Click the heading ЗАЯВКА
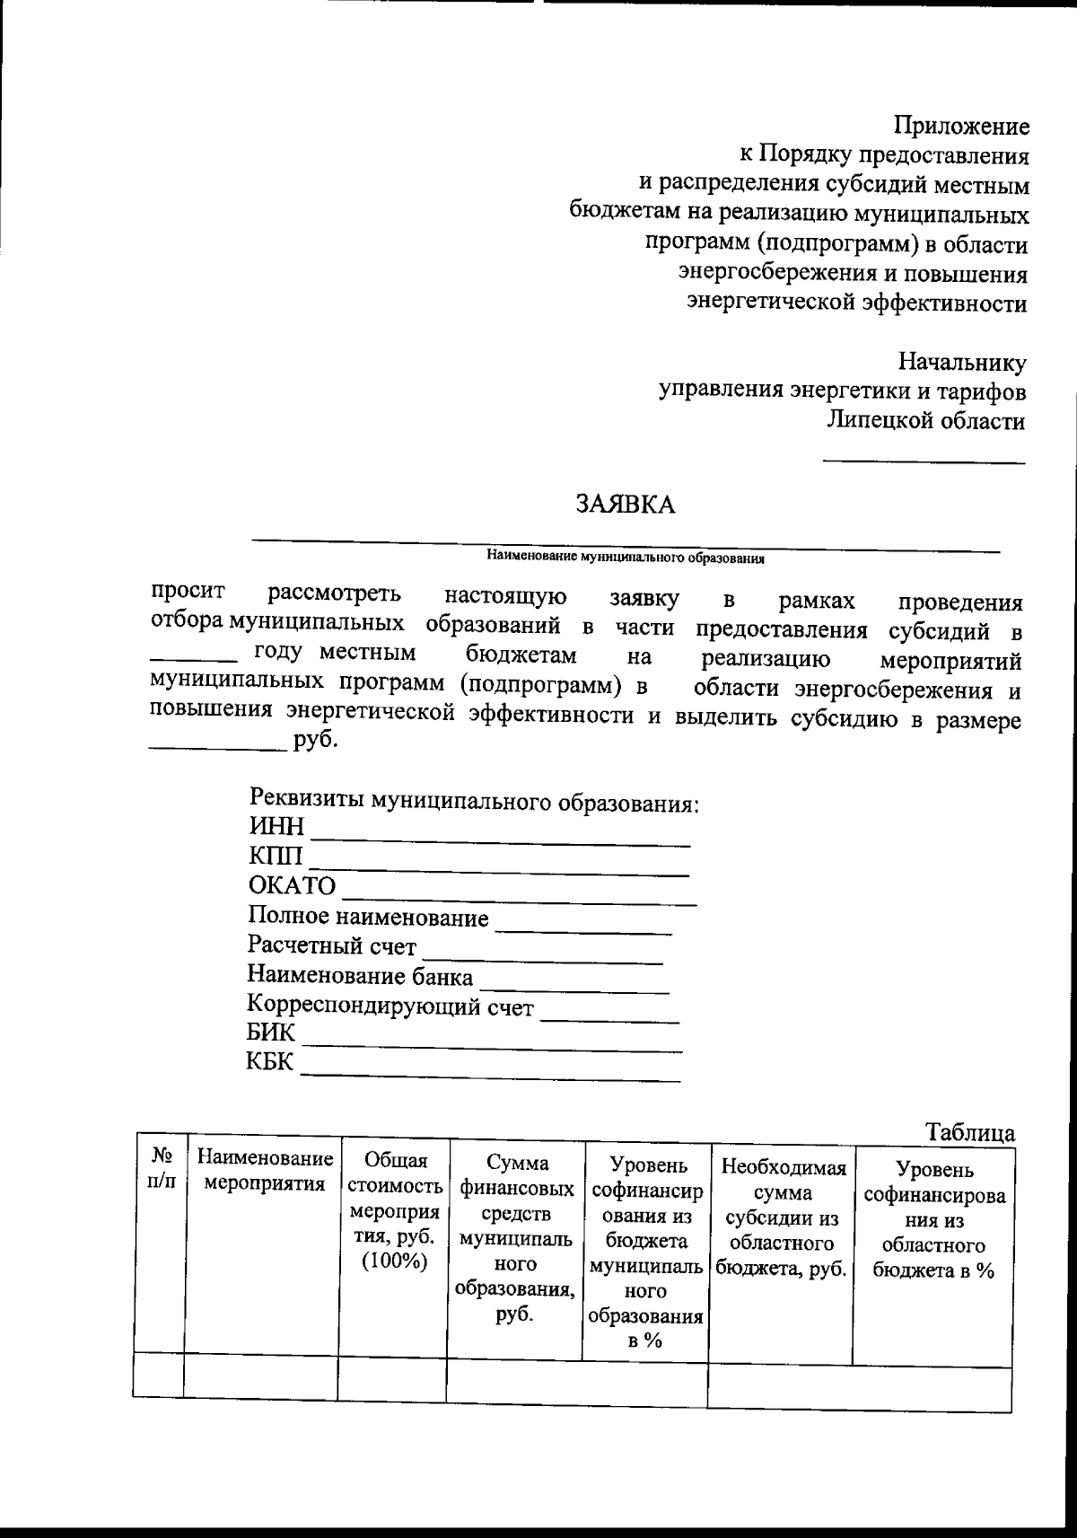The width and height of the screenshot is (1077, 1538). (625, 505)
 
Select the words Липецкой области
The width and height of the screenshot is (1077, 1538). (925, 421)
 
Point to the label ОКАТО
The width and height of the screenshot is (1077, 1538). (292, 886)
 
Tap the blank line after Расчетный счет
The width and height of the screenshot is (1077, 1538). (543, 962)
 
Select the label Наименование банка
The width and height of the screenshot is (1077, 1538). (360, 976)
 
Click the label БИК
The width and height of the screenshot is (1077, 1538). (271, 1033)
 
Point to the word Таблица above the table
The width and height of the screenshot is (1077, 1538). (970, 1133)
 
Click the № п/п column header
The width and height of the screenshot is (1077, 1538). (162, 1168)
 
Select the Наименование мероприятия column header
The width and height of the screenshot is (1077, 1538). (265, 1171)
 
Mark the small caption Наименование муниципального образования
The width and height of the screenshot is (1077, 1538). (625, 558)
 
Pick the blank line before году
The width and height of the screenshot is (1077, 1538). (193, 659)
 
